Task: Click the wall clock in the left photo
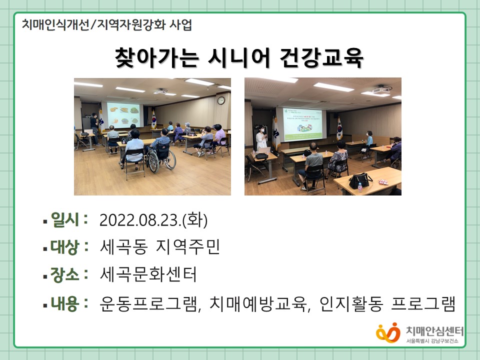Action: tap(221, 100)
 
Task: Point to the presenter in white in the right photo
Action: tap(261, 139)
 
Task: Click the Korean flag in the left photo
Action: tap(153, 119)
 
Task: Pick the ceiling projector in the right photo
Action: tap(381, 89)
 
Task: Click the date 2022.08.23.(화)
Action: tap(153, 220)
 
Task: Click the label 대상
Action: tap(65, 246)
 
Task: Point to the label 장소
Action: tap(65, 274)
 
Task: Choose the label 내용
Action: tap(65, 303)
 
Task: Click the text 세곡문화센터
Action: tap(148, 274)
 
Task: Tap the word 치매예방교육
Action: tap(258, 303)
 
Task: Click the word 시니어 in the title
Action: tap(239, 57)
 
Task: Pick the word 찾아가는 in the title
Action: tap(156, 57)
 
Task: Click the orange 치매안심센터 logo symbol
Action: tap(388, 333)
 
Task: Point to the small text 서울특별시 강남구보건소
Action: tap(432, 341)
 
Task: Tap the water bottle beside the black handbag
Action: tap(360, 186)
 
